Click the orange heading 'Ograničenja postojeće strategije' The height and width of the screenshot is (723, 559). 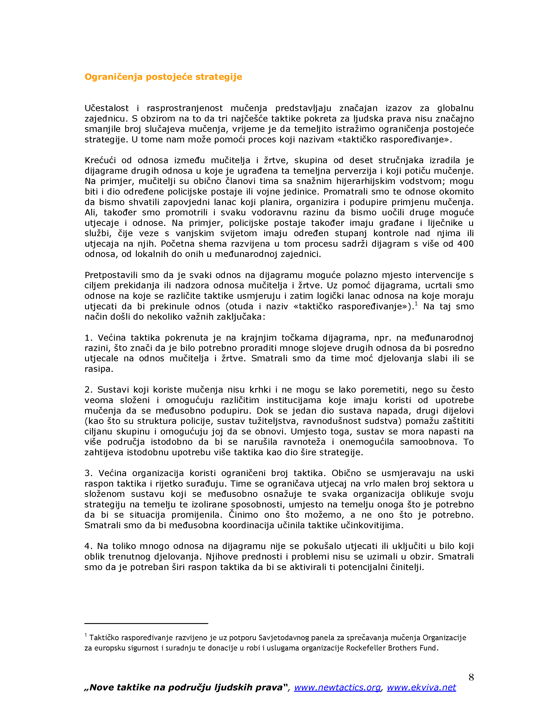coord(163,77)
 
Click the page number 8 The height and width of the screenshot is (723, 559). coord(471,677)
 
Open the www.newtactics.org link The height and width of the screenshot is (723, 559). coord(337,687)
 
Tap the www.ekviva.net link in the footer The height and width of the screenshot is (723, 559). coord(421,687)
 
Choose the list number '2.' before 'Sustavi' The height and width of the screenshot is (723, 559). coord(89,390)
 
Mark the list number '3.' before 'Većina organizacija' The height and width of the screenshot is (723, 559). coord(89,473)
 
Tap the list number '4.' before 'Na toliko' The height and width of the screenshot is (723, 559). coord(89,546)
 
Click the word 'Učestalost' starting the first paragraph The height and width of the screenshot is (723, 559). coord(107,108)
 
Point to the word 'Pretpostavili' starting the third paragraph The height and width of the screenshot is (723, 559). coord(111,275)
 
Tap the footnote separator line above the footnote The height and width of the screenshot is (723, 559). coord(146,623)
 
